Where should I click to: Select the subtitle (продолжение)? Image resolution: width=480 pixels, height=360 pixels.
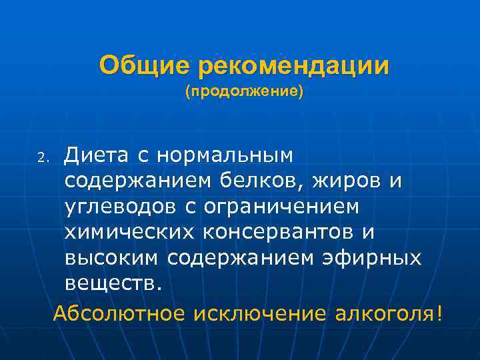coord(244,91)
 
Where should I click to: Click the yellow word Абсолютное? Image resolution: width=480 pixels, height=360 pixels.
coord(121,313)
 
